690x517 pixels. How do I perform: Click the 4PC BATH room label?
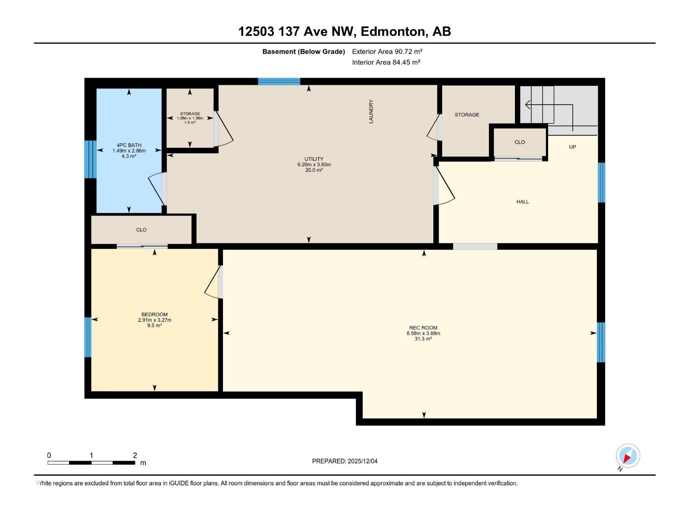[129, 145]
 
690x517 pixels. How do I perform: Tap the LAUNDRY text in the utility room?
[371, 112]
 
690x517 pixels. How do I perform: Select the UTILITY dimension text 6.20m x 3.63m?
[314, 165]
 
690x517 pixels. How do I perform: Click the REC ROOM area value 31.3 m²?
[423, 339]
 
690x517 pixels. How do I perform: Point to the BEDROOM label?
[154, 315]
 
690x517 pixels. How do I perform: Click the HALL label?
[523, 202]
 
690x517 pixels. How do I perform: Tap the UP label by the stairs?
[572, 147]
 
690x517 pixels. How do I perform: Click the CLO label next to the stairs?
[520, 142]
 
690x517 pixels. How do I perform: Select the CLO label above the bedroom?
[141, 230]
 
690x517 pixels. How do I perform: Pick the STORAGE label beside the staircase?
[467, 115]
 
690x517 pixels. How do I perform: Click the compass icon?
[628, 456]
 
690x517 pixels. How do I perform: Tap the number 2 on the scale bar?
[135, 455]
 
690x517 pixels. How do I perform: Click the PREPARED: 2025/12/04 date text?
[345, 461]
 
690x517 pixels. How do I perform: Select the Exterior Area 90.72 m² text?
[387, 51]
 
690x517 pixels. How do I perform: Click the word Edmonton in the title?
[392, 31]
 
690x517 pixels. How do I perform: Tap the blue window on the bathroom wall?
[90, 159]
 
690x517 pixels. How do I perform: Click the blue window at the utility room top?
[279, 81]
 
